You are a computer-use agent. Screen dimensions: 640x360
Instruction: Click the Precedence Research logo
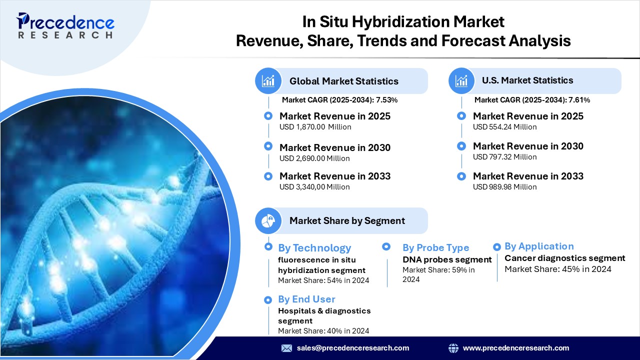tap(65, 25)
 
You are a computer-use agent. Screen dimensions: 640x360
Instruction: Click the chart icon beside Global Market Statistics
tap(268, 81)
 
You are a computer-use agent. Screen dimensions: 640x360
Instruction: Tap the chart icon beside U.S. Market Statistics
tap(461, 81)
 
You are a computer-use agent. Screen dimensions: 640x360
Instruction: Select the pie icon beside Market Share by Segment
tap(268, 220)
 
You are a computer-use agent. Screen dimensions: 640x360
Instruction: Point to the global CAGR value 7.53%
tap(386, 100)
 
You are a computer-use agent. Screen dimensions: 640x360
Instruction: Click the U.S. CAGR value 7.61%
tap(579, 100)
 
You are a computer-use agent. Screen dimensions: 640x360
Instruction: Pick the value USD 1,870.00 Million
tap(315, 127)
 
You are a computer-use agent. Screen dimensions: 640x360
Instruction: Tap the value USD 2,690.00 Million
tap(314, 158)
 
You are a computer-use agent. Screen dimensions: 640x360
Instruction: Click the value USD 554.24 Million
tap(505, 127)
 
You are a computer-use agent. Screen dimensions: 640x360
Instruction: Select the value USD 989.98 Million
tap(505, 187)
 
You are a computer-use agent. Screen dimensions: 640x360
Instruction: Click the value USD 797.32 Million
tap(505, 157)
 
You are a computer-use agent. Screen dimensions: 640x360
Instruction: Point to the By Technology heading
tap(314, 248)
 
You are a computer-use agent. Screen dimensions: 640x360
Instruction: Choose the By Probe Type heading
tap(435, 247)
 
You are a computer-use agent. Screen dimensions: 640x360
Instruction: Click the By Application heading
tap(539, 246)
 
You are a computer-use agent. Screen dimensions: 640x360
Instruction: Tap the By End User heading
tap(306, 299)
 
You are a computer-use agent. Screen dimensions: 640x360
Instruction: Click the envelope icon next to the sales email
tap(286, 348)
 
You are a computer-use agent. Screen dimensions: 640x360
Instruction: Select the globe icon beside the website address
tap(453, 348)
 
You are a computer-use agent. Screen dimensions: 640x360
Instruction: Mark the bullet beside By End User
tap(267, 299)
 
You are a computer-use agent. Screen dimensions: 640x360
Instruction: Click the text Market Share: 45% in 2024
tap(558, 269)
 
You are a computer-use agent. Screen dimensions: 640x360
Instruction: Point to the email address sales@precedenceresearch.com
tap(353, 348)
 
